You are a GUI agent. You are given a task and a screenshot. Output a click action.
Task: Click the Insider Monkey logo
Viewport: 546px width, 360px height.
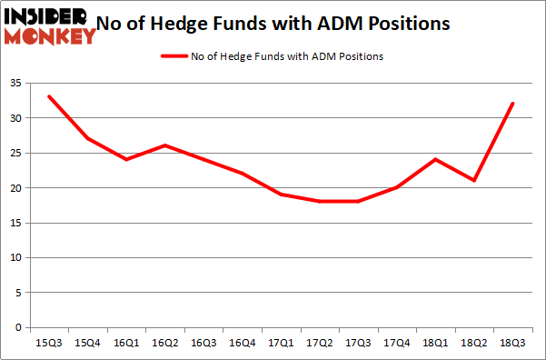[50, 25]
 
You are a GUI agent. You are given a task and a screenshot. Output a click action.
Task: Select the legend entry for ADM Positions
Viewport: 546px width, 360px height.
[272, 56]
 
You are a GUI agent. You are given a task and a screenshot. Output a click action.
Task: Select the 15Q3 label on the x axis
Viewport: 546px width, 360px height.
[47, 344]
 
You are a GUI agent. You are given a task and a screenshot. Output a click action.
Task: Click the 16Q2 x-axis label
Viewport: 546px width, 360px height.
[164, 344]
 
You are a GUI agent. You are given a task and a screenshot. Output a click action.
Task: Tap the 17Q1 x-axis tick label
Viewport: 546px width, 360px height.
[281, 344]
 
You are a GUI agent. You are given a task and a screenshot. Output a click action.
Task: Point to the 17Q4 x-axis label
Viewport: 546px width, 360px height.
[398, 344]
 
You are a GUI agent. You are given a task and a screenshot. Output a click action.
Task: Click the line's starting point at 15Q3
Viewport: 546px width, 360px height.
[47, 96]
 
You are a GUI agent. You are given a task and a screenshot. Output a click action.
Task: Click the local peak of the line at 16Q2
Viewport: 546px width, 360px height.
[164, 145]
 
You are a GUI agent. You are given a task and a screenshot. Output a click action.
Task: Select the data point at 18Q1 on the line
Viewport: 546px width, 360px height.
[437, 159]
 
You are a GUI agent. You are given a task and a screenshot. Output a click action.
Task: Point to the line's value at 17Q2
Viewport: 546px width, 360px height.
[320, 202]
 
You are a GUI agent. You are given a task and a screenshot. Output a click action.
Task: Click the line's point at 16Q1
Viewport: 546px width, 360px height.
[125, 159]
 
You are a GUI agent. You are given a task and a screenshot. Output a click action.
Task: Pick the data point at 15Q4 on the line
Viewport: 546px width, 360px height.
[86, 138]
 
